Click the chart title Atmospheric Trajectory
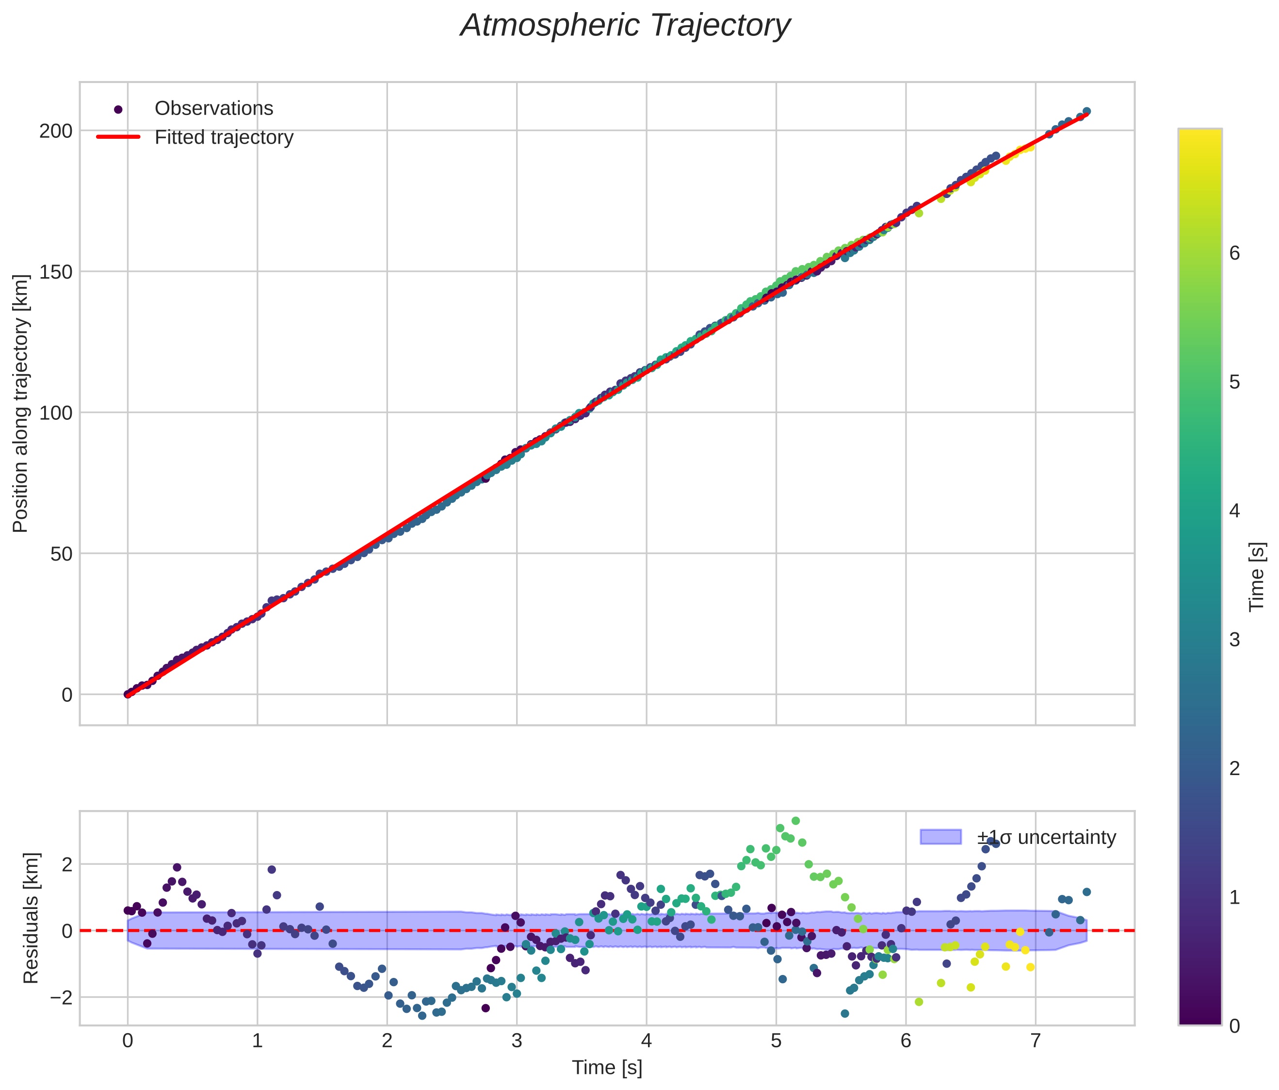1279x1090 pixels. (625, 26)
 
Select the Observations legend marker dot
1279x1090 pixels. (118, 109)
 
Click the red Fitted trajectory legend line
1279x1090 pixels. (118, 137)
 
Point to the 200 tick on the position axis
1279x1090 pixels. (56, 131)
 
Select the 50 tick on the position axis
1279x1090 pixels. (61, 554)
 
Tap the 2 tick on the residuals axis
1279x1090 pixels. (66, 864)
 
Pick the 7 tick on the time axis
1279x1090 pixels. (1035, 1041)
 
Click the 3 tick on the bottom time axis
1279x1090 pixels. (517, 1041)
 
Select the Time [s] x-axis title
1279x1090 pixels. (607, 1068)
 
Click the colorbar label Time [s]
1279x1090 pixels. (1257, 577)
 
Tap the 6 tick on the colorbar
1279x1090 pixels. (1234, 254)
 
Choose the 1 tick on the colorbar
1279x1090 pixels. (1234, 898)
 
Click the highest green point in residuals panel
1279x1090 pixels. (795, 821)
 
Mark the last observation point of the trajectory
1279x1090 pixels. (1086, 111)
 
